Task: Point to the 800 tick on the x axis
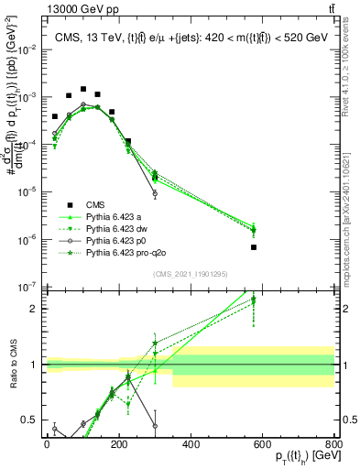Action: (x=334, y=443)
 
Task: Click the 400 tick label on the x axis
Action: (x=191, y=443)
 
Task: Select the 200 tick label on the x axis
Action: (x=118, y=443)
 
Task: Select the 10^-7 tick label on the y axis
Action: (x=27, y=287)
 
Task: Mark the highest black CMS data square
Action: (x=83, y=90)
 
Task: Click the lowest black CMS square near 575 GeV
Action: (x=254, y=247)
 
